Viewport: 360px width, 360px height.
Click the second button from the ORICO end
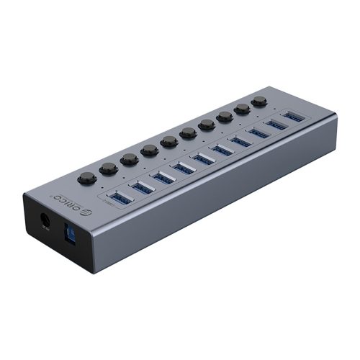pos(109,169)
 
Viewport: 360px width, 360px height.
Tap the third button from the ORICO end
pos(130,159)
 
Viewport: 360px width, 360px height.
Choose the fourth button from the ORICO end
pos(150,150)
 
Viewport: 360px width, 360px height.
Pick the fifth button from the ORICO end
pos(169,141)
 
